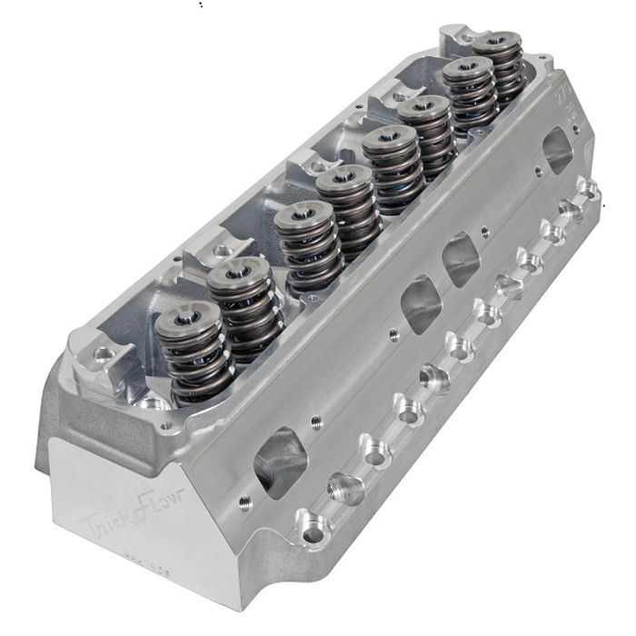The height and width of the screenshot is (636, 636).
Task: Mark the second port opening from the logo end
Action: pyautogui.click(x=419, y=305)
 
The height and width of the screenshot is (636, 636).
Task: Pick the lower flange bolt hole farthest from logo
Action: pyautogui.click(x=590, y=190)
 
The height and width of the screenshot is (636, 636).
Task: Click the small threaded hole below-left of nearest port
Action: pyautogui.click(x=243, y=499)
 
